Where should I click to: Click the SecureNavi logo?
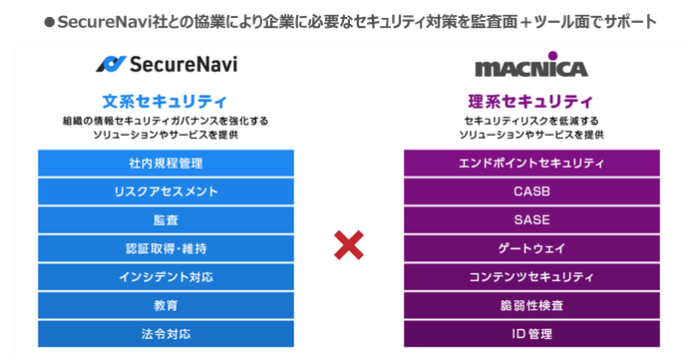coord(167,65)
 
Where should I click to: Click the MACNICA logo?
coord(532,69)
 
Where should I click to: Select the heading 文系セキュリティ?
coord(166,101)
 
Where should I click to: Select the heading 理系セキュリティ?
coord(531,101)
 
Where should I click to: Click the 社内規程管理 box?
coord(166,163)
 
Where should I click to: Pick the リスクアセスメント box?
coord(166,190)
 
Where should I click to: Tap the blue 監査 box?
coord(166,218)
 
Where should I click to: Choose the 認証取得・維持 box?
coord(166,247)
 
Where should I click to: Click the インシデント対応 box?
coord(166,275)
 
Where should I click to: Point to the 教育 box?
coord(166,304)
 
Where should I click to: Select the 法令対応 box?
coord(166,332)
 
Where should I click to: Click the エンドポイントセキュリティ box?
coord(531,163)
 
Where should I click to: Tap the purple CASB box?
coord(531,190)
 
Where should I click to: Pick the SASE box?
coord(531,218)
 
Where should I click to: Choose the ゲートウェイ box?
coord(531,247)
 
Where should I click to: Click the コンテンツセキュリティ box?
coord(531,275)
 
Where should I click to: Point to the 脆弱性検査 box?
coord(531,304)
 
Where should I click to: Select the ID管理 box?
coord(531,332)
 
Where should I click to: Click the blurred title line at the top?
coord(349,21)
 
